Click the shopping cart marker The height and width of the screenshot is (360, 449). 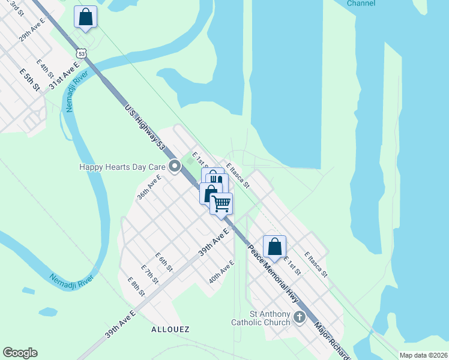(x=221, y=203)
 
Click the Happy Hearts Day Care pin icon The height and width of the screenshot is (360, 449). (x=175, y=166)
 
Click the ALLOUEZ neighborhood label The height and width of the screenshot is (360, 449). (x=171, y=329)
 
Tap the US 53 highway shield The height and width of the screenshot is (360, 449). (x=82, y=53)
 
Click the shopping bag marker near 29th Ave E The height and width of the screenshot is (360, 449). (x=85, y=17)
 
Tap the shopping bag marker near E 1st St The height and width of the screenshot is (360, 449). (x=274, y=246)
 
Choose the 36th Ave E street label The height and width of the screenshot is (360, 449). (x=149, y=187)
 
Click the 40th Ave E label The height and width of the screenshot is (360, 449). (x=221, y=272)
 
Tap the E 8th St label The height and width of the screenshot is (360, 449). (x=136, y=287)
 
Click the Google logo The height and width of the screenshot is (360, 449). (x=20, y=353)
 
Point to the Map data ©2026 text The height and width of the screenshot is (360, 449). (x=423, y=355)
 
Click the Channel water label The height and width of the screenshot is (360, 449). (x=361, y=3)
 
